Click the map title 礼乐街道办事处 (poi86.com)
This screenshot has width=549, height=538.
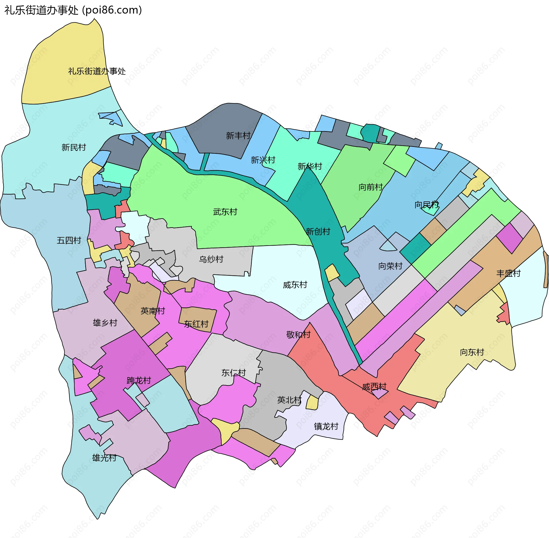pos(73,10)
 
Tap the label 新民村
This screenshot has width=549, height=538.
pos(74,147)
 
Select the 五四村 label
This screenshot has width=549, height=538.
pos(69,240)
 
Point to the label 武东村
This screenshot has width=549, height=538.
pos(225,212)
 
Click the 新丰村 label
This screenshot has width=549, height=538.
pos(238,135)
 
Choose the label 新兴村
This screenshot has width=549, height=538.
pos(263,160)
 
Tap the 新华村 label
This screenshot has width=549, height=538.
pos(310,166)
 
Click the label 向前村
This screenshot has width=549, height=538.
pos(371,187)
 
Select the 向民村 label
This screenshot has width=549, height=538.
pos(426,205)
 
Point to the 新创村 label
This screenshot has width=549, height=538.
pos(318,231)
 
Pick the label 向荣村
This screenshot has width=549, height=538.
pos(390,266)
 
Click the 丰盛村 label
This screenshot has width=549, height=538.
pos(508,273)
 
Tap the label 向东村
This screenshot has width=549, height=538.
pos(472,352)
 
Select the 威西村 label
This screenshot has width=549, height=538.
pos(374,387)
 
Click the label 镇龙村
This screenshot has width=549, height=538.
pos(326,426)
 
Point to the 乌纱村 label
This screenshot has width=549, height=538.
pos(211,259)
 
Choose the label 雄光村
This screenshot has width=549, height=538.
pos(104,458)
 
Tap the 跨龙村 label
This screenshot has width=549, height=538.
pos(139,381)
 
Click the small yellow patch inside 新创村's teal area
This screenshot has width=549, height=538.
pos(332,273)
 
